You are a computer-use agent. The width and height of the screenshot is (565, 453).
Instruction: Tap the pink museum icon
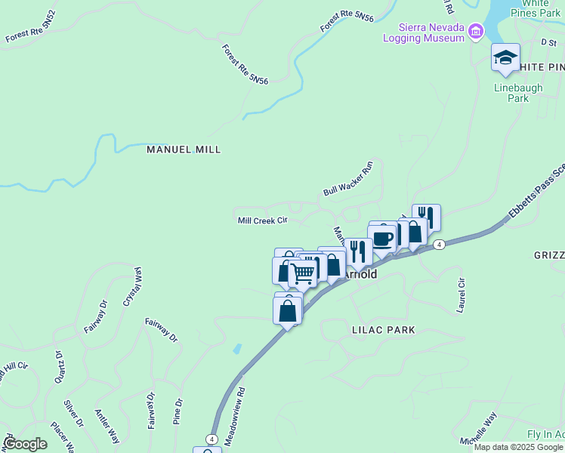point(475,31)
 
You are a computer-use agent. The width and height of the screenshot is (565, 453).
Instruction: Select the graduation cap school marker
point(505,58)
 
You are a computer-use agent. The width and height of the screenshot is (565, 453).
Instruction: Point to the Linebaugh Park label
point(518,93)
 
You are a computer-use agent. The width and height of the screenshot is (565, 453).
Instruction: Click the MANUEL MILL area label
point(184,149)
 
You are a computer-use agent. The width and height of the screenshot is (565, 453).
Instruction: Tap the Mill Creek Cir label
point(263,220)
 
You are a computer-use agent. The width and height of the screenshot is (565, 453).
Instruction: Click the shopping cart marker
point(303,273)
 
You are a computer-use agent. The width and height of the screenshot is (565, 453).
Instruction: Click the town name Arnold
point(361,275)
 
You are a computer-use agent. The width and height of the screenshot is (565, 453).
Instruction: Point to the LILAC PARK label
point(383,330)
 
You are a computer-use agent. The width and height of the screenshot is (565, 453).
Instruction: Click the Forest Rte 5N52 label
point(30,37)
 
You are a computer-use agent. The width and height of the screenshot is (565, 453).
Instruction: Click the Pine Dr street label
point(178,412)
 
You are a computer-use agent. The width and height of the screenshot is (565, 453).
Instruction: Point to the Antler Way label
point(107,427)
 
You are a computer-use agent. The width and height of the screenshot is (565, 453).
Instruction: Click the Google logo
point(25,444)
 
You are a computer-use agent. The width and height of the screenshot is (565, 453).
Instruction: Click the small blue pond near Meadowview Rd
point(238,349)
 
